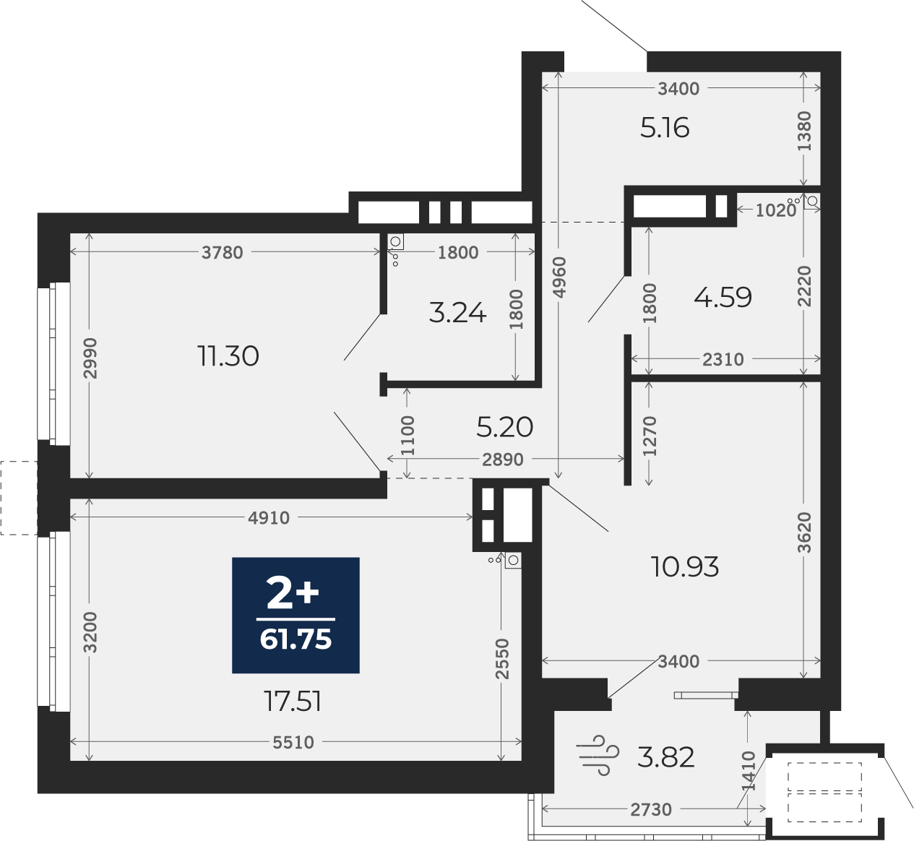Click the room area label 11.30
point(228,356)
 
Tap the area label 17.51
point(293,701)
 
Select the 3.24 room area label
point(457,313)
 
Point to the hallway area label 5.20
point(504,427)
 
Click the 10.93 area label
point(685,567)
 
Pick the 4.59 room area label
point(723,297)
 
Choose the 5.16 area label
point(665,128)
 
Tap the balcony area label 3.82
point(665,757)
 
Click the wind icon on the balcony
point(598,755)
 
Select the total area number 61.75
point(296,639)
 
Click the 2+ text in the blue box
point(293,592)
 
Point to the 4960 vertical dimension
point(559,277)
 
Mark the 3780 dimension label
point(223,252)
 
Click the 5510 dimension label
point(293,743)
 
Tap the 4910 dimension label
point(269,518)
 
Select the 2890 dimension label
point(503,460)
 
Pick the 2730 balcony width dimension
point(651,809)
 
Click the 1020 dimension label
point(776,210)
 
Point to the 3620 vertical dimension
point(805,532)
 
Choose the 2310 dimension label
point(723,360)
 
